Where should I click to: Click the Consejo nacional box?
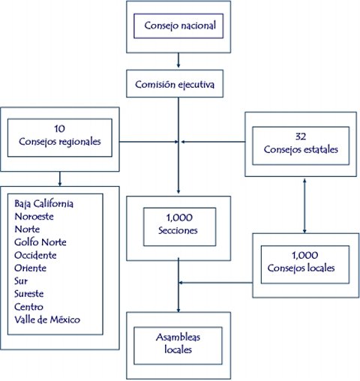[178, 26]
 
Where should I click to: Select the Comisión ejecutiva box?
[175, 83]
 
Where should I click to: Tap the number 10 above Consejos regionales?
[59, 129]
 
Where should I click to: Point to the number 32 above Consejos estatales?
[301, 136]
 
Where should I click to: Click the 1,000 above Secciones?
[179, 217]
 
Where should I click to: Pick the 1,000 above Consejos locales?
[304, 255]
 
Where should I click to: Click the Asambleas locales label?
[178, 343]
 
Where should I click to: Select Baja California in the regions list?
[43, 204]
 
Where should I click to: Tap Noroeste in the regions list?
[34, 217]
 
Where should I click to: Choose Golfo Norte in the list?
[40, 242]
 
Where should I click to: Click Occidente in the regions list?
[35, 255]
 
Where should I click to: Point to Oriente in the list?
[30, 268]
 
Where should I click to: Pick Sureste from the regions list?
[28, 294]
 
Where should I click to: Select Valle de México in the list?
[47, 319]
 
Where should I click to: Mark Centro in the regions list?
[28, 307]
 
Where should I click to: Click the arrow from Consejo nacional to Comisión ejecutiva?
[178, 60]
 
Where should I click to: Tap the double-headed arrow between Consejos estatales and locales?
[304, 205]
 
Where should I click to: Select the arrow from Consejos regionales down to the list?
[60, 178]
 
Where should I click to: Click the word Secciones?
[178, 230]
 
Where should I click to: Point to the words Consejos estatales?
[301, 150]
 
